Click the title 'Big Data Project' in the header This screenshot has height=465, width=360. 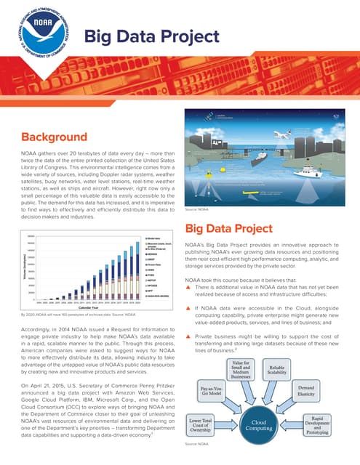tap(152, 37)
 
